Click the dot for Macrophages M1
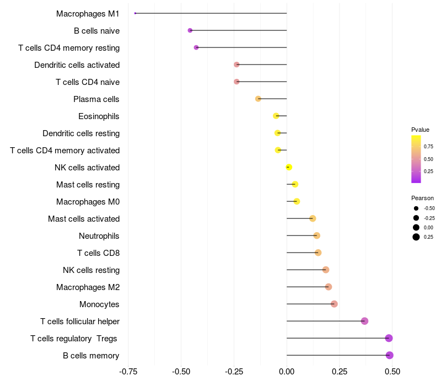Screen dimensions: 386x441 [x=135, y=13]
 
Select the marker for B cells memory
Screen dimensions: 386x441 [x=389, y=355]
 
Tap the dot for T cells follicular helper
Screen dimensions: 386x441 [x=364, y=321]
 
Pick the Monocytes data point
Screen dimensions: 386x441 [x=334, y=304]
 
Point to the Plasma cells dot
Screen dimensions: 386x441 [x=258, y=99]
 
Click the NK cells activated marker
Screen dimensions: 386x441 [x=289, y=167]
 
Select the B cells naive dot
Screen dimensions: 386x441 [x=190, y=30]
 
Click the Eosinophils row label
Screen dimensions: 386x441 [x=99, y=116]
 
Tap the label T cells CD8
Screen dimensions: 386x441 [x=99, y=253]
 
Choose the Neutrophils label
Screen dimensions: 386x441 [x=99, y=236]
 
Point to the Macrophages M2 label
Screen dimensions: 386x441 [x=88, y=287]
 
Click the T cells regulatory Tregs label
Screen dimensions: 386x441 [x=74, y=339]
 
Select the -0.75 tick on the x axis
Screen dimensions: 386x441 [x=128, y=372]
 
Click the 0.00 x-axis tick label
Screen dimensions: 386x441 [x=287, y=372]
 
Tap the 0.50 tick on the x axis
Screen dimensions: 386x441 [x=392, y=372]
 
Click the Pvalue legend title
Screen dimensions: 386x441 [x=420, y=130]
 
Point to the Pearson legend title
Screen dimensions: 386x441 [x=422, y=198]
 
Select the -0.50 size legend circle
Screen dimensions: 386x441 [x=416, y=208]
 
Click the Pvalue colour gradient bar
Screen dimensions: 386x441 [x=416, y=159]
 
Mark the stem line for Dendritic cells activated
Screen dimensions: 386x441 [x=262, y=65]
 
